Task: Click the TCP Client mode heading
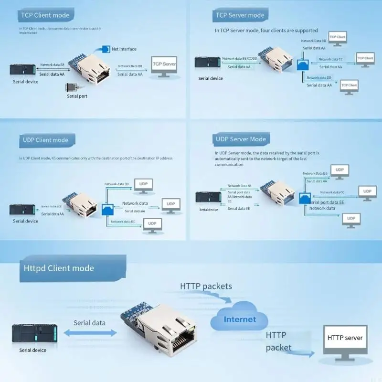45,15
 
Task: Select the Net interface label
124,49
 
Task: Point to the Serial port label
77,96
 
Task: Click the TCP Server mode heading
240,15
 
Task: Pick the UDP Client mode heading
45,140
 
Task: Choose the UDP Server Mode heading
241,139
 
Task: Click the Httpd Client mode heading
59,268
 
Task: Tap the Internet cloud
240,319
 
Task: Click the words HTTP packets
206,286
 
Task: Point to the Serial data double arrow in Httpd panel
89,333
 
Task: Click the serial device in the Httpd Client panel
34,333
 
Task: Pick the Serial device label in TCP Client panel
25,82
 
